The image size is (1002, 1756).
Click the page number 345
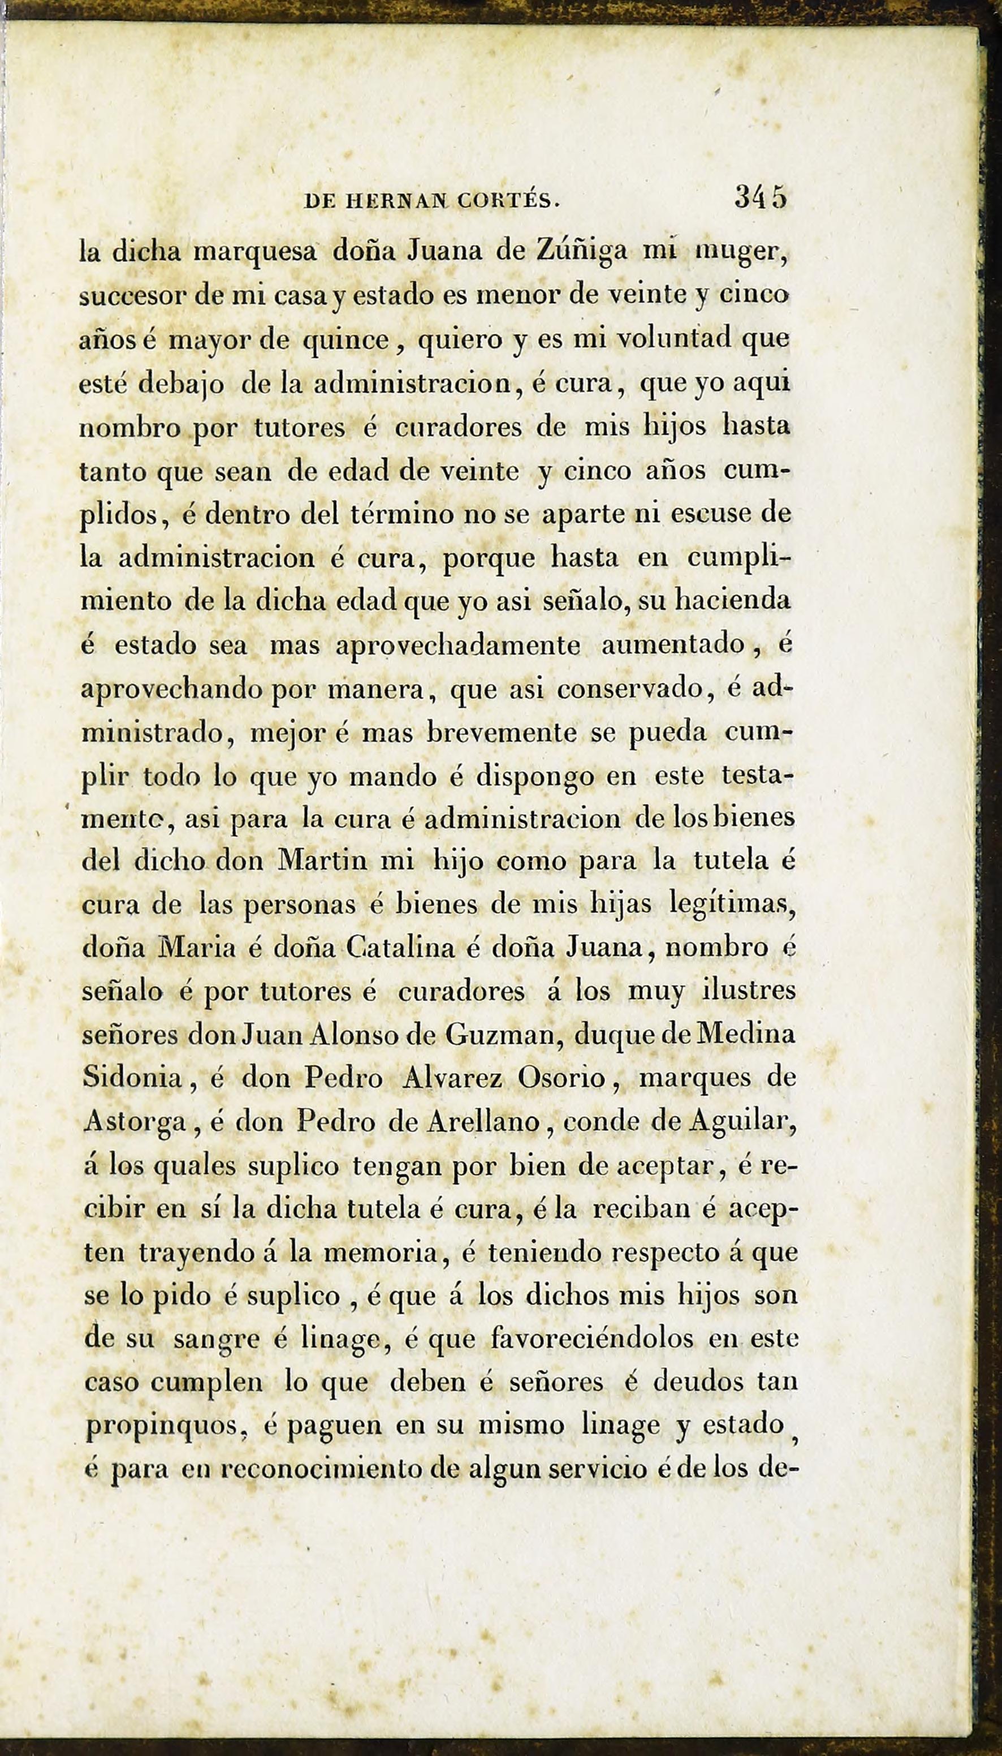(760, 198)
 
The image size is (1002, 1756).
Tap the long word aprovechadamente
(459, 647)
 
